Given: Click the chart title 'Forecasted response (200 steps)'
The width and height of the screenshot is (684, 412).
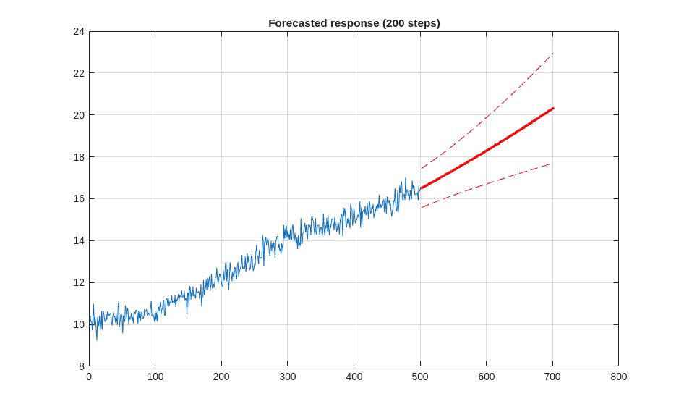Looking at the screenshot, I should [x=354, y=23].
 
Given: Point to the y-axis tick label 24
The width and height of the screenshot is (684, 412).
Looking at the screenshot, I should [x=79, y=32].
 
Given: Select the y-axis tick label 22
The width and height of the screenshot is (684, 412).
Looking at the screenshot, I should [x=79, y=73].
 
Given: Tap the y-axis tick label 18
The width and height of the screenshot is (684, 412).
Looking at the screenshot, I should [x=79, y=157].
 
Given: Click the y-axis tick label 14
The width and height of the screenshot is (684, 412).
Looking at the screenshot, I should [x=79, y=240].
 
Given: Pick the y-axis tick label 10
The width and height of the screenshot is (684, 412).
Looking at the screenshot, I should [x=79, y=324].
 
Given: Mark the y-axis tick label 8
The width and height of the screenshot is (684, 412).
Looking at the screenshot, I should [x=81, y=366].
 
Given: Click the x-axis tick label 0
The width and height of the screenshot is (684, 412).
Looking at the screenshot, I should [x=89, y=377].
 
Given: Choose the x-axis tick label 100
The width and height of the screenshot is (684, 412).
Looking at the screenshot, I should [x=155, y=377].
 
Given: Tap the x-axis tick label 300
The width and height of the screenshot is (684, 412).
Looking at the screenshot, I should [x=288, y=377].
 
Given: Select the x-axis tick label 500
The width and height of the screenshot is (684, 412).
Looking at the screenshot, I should [x=420, y=377].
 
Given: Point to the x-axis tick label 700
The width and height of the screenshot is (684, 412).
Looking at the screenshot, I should [x=552, y=377].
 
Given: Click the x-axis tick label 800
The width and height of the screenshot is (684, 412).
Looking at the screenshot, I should [x=618, y=377].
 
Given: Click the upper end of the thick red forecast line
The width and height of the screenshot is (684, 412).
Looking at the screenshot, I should [x=553, y=108].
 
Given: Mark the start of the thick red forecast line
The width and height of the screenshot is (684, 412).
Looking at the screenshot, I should [x=421, y=188].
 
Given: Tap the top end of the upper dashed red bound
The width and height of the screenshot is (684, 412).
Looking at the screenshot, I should [x=553, y=53].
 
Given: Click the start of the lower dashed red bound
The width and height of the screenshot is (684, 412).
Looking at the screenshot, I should [x=422, y=208].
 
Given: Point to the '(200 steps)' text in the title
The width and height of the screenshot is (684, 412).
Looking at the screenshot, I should [x=411, y=23].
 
